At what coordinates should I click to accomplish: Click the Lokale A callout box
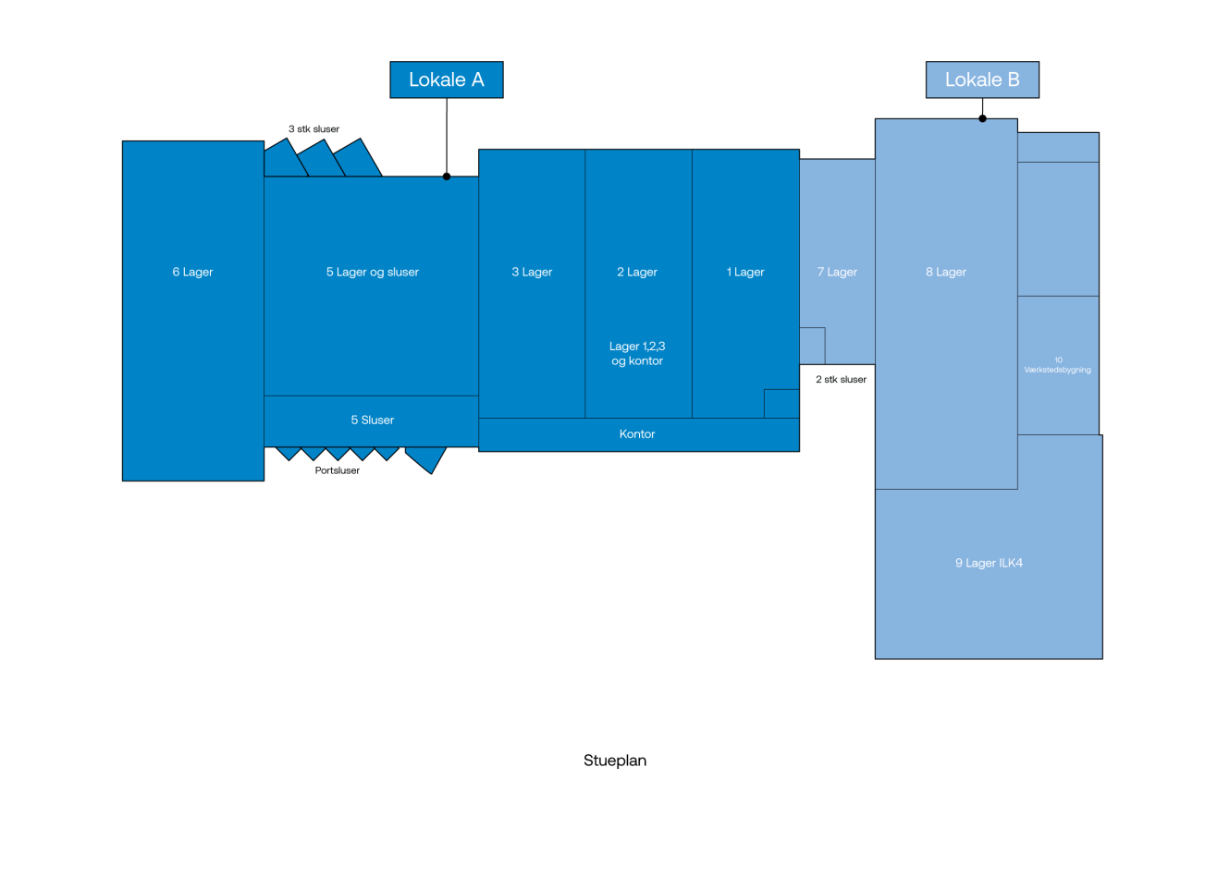coord(446,79)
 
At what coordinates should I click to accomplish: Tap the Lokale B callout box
coord(982,79)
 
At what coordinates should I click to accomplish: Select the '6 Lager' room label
coord(192,272)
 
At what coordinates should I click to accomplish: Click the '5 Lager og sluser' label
coord(372,272)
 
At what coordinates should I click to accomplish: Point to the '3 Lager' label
coord(532,272)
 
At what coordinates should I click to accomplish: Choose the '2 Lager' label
coord(637,272)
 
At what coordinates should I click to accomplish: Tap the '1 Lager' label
coord(745,272)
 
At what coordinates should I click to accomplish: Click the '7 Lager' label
coord(837,272)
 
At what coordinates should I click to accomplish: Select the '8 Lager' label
coord(946,272)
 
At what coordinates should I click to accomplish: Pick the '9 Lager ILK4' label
coord(989,563)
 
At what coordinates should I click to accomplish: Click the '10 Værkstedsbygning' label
coord(1057,365)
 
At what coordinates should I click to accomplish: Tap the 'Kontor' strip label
coord(637,434)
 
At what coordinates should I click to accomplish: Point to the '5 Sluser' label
coord(372,420)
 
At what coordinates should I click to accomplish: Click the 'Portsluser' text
coord(337,470)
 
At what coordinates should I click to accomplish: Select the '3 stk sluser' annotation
coord(314,129)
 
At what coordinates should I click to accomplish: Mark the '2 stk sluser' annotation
coord(841,380)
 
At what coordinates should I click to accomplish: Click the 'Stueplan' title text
coord(615,761)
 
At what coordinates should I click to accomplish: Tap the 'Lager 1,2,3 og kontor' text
coord(637,354)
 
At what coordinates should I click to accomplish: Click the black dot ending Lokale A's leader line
coord(447,177)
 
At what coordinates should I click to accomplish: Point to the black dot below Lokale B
coord(982,118)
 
